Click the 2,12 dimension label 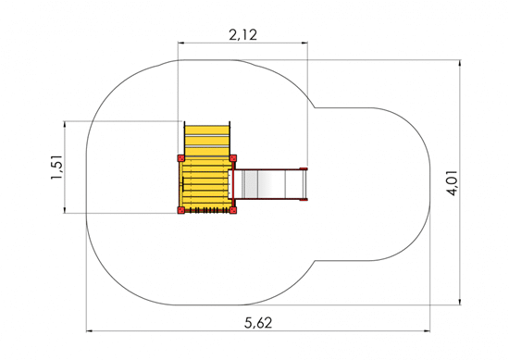pos(243,35)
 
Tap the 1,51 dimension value pos(57,168)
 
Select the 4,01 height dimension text pos(453,182)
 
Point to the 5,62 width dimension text pos(258,323)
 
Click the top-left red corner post pos(180,158)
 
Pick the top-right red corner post pos(233,158)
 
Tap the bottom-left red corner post pos(180,210)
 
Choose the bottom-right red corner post pos(233,210)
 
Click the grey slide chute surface pos(268,184)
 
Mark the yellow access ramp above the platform pos(206,140)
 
